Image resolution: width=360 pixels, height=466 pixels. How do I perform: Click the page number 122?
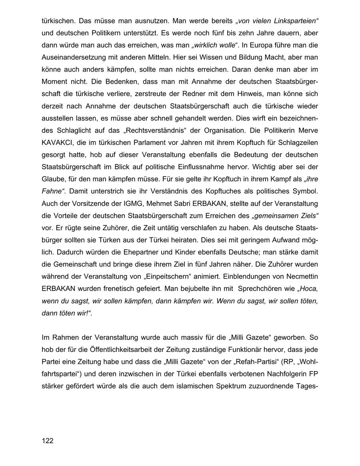click(47, 441)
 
